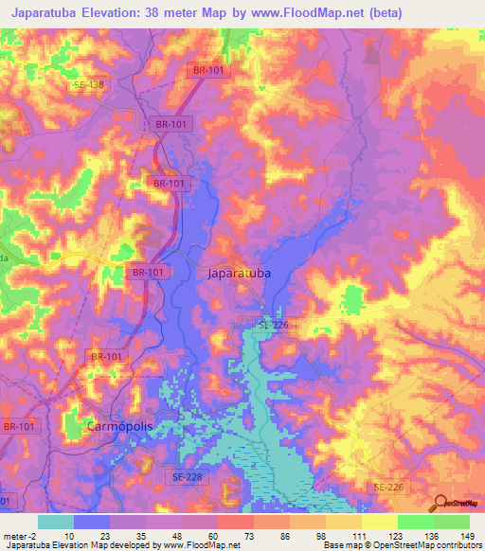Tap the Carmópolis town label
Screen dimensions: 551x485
coord(118,426)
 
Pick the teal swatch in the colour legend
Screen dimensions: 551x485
coord(55,522)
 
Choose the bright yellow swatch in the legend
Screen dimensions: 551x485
coord(379,522)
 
